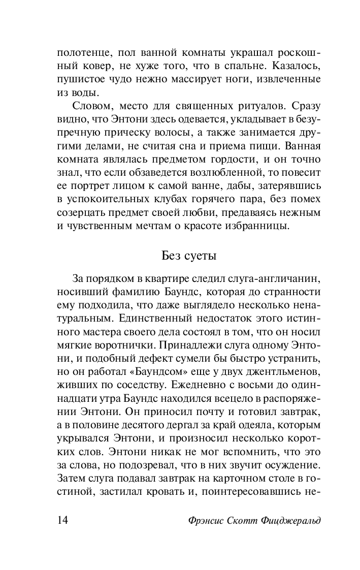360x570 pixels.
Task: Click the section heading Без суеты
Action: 189,255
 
